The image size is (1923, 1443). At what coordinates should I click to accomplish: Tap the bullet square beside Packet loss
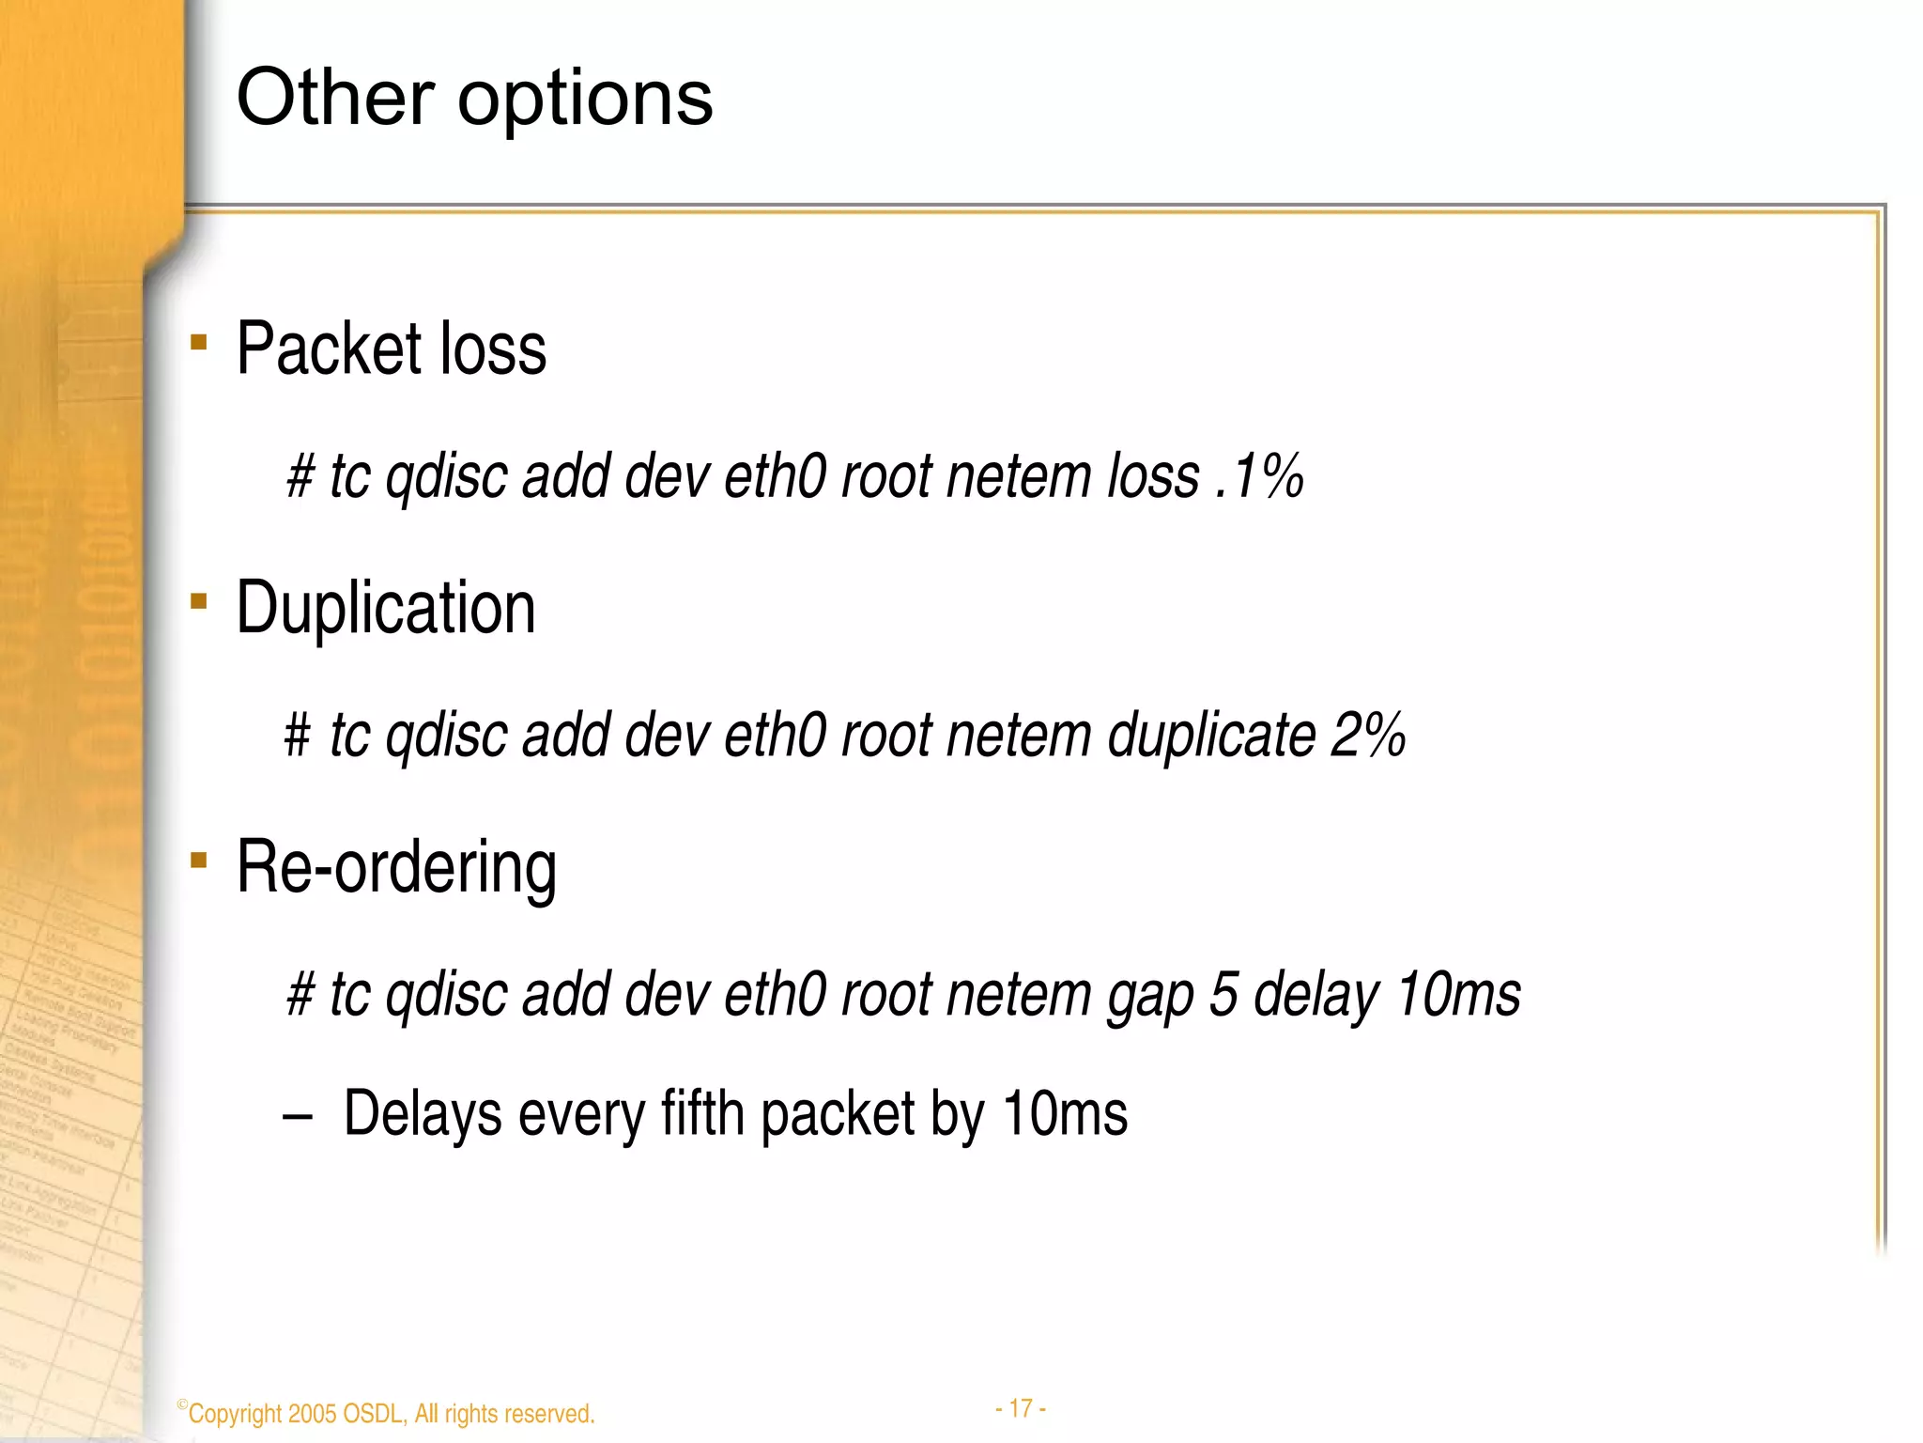pos(198,342)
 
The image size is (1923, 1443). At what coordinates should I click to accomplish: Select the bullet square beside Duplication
pos(198,601)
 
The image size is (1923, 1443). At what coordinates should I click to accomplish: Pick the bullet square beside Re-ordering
pos(198,860)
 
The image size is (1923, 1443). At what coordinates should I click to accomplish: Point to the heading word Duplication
pos(386,609)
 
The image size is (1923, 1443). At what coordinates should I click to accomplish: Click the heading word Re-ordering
pos(396,868)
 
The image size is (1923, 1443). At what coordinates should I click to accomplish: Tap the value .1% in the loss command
pos(1258,475)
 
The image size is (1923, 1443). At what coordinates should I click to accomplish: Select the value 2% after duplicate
pos(1368,735)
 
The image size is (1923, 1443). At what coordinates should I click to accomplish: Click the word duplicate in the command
pos(1211,737)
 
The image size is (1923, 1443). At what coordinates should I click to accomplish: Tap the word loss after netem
pos(1153,475)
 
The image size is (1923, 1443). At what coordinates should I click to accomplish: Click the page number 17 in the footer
pos(1021,1408)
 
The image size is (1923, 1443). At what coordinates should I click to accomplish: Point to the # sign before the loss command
pos(300,477)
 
